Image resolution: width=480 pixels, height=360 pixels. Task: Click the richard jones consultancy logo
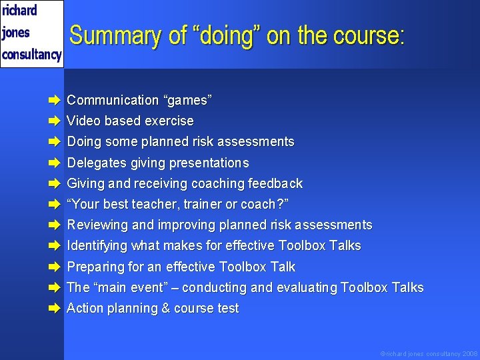click(31, 33)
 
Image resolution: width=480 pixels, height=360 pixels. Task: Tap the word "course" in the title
click(367, 35)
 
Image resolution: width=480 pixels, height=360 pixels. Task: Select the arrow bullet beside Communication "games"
click(54, 101)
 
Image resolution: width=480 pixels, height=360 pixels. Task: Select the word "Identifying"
click(97, 245)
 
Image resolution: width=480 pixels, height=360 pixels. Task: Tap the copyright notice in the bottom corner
click(429, 353)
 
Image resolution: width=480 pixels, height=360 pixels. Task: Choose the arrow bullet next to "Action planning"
click(54, 309)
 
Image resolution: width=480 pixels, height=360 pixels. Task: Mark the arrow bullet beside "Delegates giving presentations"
click(54, 163)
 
